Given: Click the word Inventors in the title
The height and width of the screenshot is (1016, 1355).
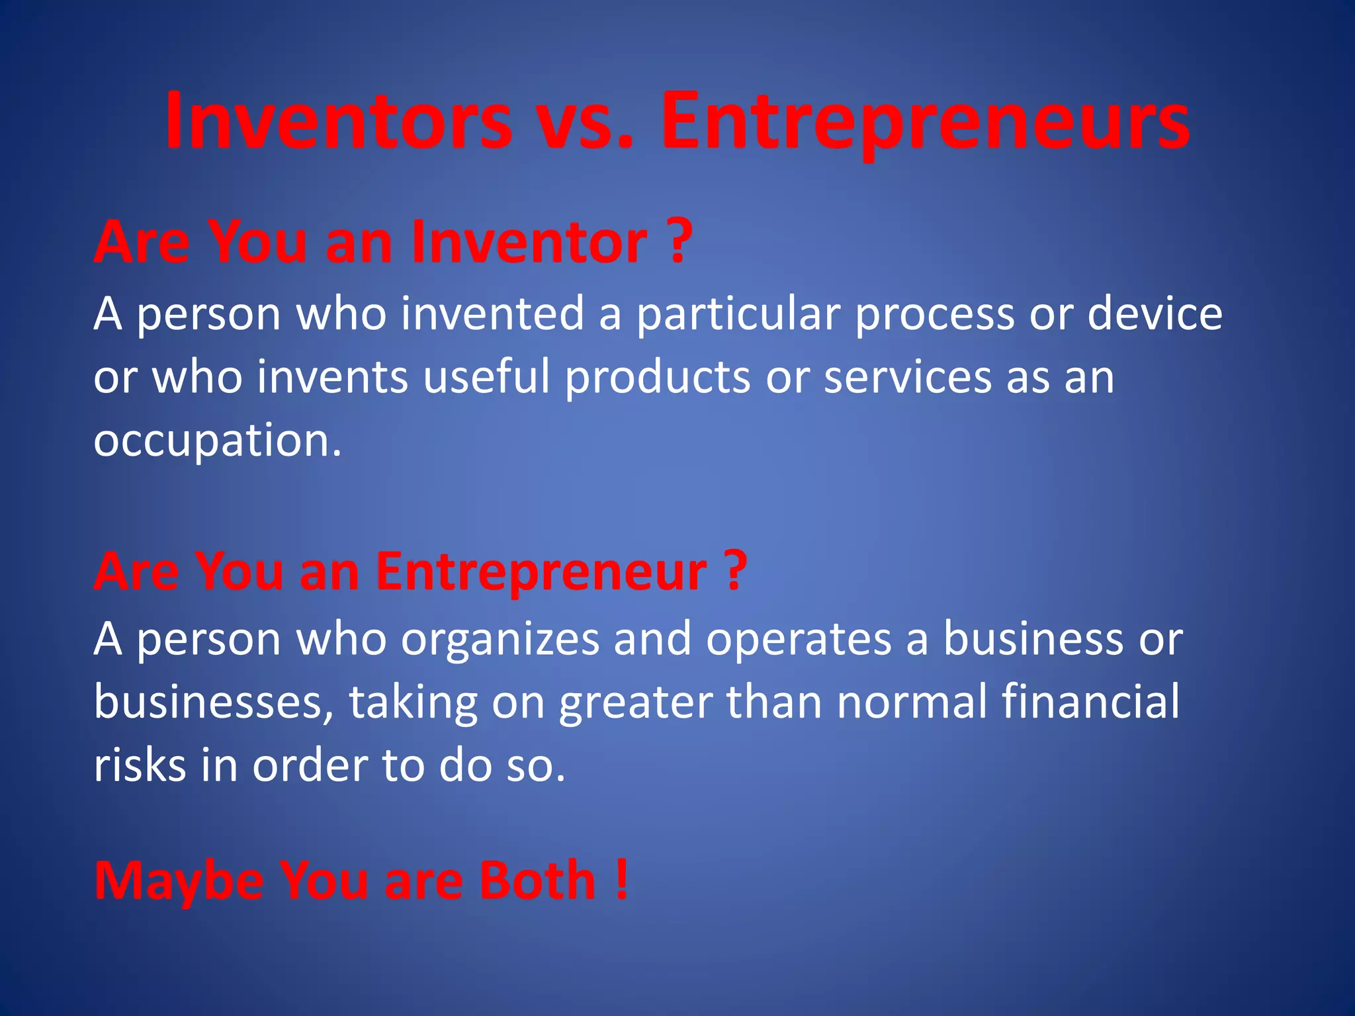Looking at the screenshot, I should point(338,123).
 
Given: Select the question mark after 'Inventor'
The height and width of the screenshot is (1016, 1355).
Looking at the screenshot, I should point(679,242).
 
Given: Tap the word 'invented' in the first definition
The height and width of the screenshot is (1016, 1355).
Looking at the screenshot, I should point(492,314).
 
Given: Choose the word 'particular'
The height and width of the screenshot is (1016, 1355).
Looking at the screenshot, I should point(738,314).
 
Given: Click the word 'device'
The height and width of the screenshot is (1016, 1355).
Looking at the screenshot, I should point(1155,314).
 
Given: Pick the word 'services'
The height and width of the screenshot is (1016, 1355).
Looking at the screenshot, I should point(907,377).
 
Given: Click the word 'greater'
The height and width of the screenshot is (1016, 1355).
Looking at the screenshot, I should point(636,702).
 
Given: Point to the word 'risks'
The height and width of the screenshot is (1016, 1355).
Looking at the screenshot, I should point(140,765).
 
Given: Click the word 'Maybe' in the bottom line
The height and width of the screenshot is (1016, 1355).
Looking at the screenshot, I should point(179,881).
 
